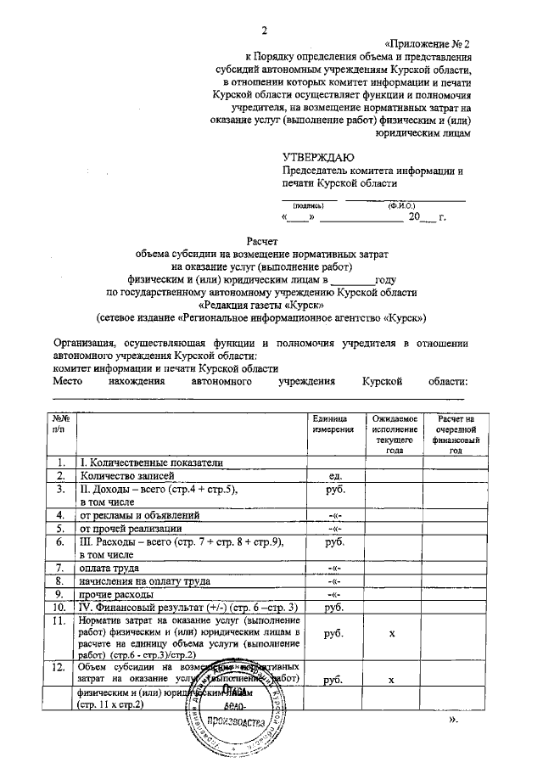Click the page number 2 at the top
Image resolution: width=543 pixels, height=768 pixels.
(265, 31)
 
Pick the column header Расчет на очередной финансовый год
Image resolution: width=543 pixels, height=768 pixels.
(456, 435)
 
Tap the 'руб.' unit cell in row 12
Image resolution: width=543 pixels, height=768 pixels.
(333, 680)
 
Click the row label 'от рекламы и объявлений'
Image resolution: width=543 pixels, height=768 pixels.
(140, 515)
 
